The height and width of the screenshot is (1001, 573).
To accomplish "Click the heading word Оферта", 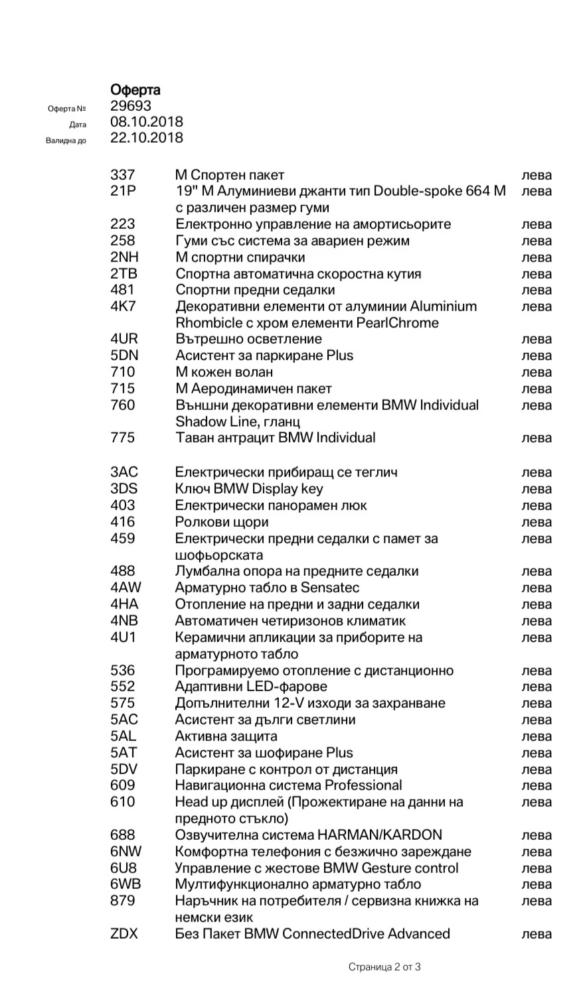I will [135, 90].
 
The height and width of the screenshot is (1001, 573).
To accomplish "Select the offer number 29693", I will [131, 106].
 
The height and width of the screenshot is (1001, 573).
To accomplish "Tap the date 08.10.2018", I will [146, 122].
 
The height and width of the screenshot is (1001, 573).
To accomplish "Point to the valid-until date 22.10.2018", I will [146, 138].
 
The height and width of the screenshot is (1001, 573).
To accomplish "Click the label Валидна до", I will [66, 141].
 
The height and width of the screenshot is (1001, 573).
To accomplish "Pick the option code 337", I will [122, 175].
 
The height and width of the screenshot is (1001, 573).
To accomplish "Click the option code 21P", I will [123, 192].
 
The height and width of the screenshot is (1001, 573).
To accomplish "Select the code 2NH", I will [124, 257].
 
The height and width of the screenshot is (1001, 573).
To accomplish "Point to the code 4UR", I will [124, 339].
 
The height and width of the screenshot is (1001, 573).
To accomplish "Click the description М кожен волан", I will [224, 372].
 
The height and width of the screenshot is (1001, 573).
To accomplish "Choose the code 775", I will [122, 438].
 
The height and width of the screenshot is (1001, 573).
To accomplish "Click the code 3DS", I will [124, 489].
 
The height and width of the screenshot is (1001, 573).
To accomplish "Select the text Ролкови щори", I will [222, 522].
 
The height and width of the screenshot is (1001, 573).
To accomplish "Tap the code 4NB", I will [124, 621].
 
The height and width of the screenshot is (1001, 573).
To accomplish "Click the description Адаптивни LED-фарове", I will [251, 687].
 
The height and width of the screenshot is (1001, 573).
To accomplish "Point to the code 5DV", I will [124, 769].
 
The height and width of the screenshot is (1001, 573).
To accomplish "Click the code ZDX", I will [124, 934].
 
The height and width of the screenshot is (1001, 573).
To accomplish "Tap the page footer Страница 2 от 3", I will [384, 967].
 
